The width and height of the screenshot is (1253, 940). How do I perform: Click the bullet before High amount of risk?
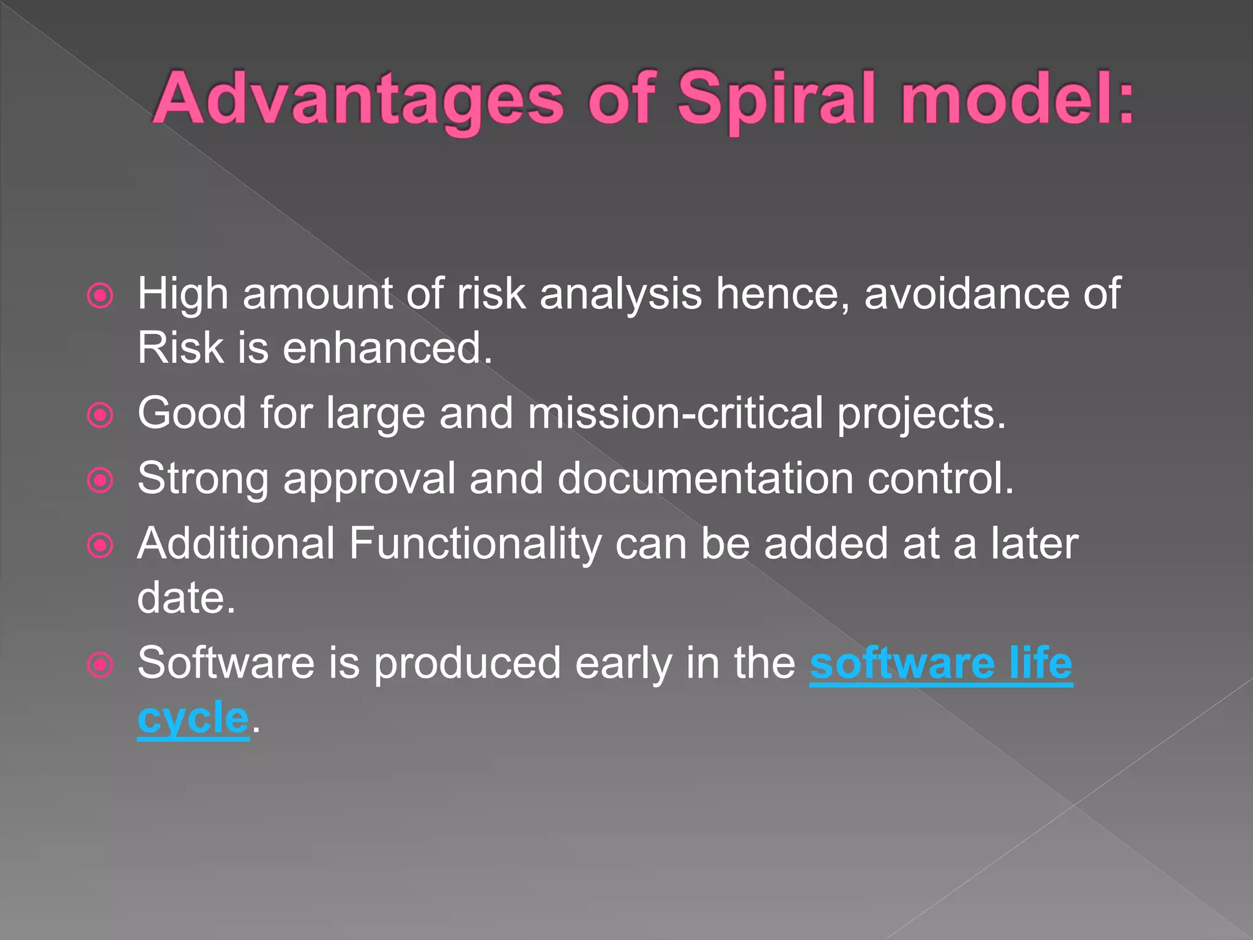[100, 296]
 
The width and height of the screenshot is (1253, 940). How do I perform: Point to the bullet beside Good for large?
[100, 416]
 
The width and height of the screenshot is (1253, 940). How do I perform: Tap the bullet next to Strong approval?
[100, 480]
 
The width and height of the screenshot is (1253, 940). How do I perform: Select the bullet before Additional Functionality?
[100, 545]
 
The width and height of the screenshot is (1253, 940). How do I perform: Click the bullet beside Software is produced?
[100, 665]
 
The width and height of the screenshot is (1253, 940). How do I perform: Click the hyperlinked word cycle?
[193, 718]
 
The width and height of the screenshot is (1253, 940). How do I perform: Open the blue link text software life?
[941, 663]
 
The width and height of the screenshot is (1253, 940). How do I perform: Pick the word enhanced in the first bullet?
[387, 348]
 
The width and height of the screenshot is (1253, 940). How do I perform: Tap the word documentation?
[705, 478]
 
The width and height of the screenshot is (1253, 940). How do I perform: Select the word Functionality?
[475, 543]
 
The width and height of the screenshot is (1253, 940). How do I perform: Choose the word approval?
[369, 479]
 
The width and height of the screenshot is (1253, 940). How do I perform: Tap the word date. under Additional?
[186, 597]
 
